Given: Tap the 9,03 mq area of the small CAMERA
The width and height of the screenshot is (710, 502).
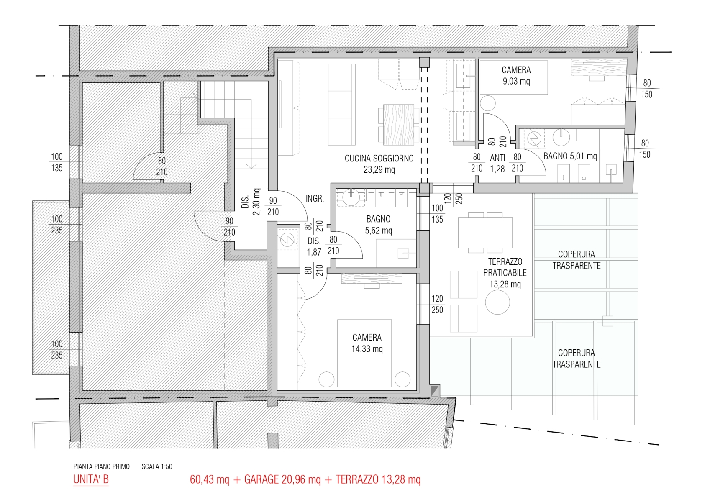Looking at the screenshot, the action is [516, 82].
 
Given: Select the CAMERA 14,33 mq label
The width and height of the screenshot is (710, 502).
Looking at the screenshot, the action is [367, 343].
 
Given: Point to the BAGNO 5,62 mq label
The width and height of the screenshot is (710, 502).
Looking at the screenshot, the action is [379, 225].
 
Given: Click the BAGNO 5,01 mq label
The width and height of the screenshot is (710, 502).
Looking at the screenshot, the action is [570, 156].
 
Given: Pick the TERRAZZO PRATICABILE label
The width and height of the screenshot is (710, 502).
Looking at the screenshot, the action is [505, 267].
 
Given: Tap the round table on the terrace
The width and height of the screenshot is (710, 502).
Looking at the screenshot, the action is [497, 302].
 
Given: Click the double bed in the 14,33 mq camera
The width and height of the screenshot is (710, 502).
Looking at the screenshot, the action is [364, 353].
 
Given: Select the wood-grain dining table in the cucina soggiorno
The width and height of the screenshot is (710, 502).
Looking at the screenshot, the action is [399, 125].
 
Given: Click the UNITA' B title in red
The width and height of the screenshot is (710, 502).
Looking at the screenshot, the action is [91, 479].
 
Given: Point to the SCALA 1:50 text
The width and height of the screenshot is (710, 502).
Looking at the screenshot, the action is [157, 466].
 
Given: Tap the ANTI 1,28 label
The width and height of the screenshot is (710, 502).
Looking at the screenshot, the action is [497, 163].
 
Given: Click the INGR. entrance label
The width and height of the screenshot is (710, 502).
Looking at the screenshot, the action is [315, 199].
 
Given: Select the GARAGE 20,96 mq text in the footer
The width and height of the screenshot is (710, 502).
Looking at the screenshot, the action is [282, 479].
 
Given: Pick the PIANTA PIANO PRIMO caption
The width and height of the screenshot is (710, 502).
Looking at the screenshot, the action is [101, 466].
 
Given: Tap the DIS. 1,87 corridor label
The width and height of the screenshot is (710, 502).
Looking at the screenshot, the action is [314, 246].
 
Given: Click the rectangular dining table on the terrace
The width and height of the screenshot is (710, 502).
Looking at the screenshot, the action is [485, 232].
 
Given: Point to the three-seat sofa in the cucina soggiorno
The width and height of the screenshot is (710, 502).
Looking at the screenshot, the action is [342, 104].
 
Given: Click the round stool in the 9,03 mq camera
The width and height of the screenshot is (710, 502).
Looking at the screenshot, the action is [487, 103].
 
